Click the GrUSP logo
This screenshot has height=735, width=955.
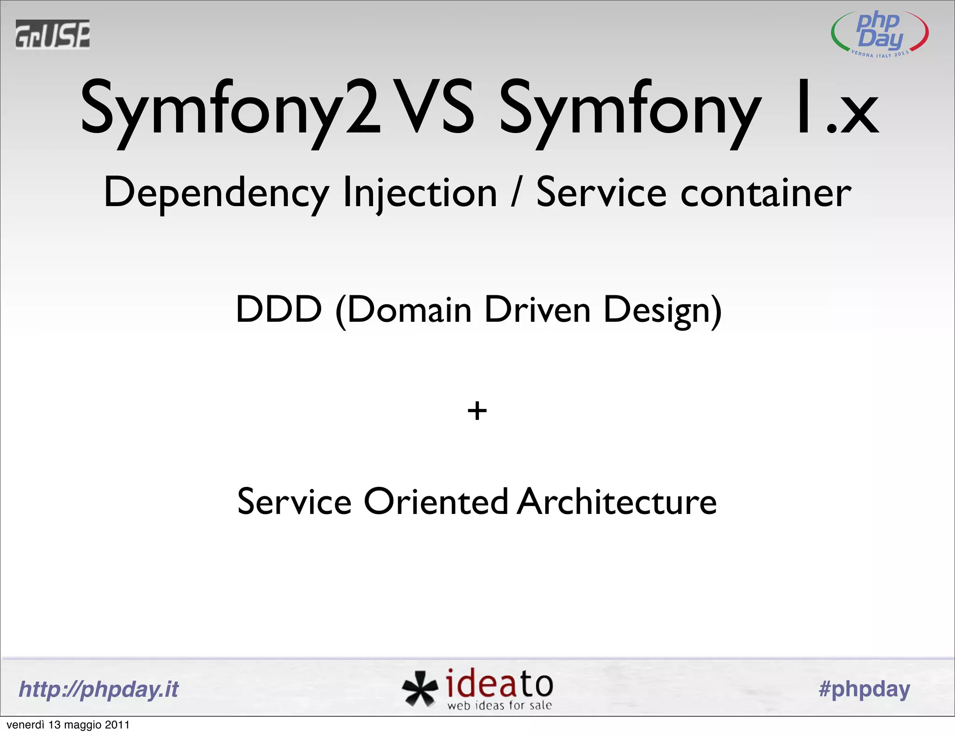[52, 34]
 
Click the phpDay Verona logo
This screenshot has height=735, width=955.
[879, 34]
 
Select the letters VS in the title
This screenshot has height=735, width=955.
[433, 107]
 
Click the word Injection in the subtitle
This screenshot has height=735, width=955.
[420, 194]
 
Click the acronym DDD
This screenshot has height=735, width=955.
[278, 309]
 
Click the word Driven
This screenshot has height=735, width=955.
[537, 309]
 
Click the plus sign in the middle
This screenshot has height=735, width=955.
[477, 411]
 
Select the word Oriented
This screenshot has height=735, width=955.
[436, 502]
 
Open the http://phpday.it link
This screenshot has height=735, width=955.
[98, 689]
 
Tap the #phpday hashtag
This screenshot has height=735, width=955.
[864, 689]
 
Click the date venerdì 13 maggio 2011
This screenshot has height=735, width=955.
[68, 725]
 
